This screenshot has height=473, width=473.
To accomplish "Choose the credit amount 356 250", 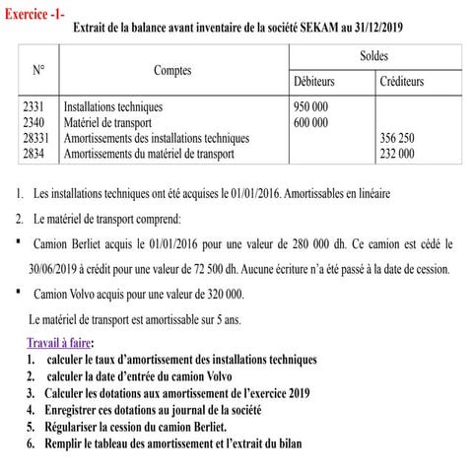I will click(397, 139).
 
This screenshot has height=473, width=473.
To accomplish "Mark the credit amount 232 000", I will click(397, 154).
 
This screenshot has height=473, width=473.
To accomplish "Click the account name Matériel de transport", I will click(108, 123).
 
